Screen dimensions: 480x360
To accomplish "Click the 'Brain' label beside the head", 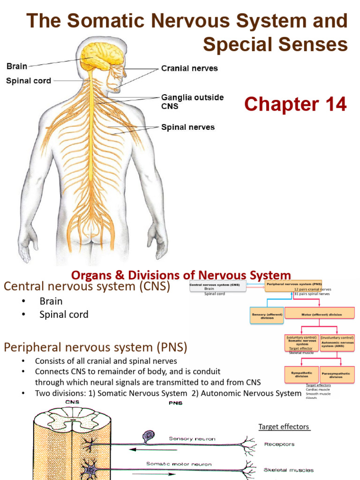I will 16,67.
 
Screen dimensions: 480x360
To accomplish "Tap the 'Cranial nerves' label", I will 189,68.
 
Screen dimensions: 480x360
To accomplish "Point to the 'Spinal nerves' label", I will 187,127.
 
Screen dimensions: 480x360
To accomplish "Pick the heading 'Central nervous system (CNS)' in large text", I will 87,286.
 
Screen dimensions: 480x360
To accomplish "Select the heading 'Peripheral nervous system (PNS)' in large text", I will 96,347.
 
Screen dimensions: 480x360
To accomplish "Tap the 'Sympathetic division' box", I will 302,374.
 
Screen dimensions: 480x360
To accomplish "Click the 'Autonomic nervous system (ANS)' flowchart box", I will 337,342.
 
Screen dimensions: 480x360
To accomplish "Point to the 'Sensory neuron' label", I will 193,439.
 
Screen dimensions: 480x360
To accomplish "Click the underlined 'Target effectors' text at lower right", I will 284,427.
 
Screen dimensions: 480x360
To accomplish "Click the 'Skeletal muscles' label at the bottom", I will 289,469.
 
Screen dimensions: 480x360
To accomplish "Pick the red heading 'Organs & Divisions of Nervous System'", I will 180,275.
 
